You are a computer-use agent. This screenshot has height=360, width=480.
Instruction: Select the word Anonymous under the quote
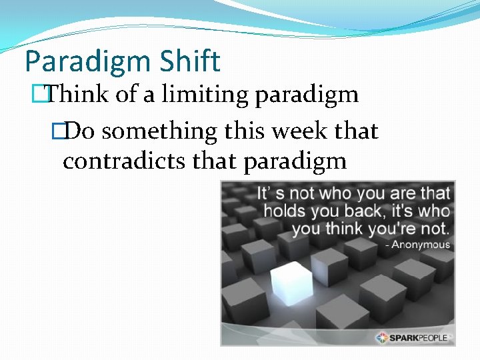(421, 245)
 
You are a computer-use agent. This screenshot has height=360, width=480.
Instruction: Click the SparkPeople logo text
(420, 337)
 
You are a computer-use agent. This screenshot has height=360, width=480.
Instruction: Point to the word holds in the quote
(285, 211)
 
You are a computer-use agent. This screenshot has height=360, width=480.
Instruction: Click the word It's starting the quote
(269, 194)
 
